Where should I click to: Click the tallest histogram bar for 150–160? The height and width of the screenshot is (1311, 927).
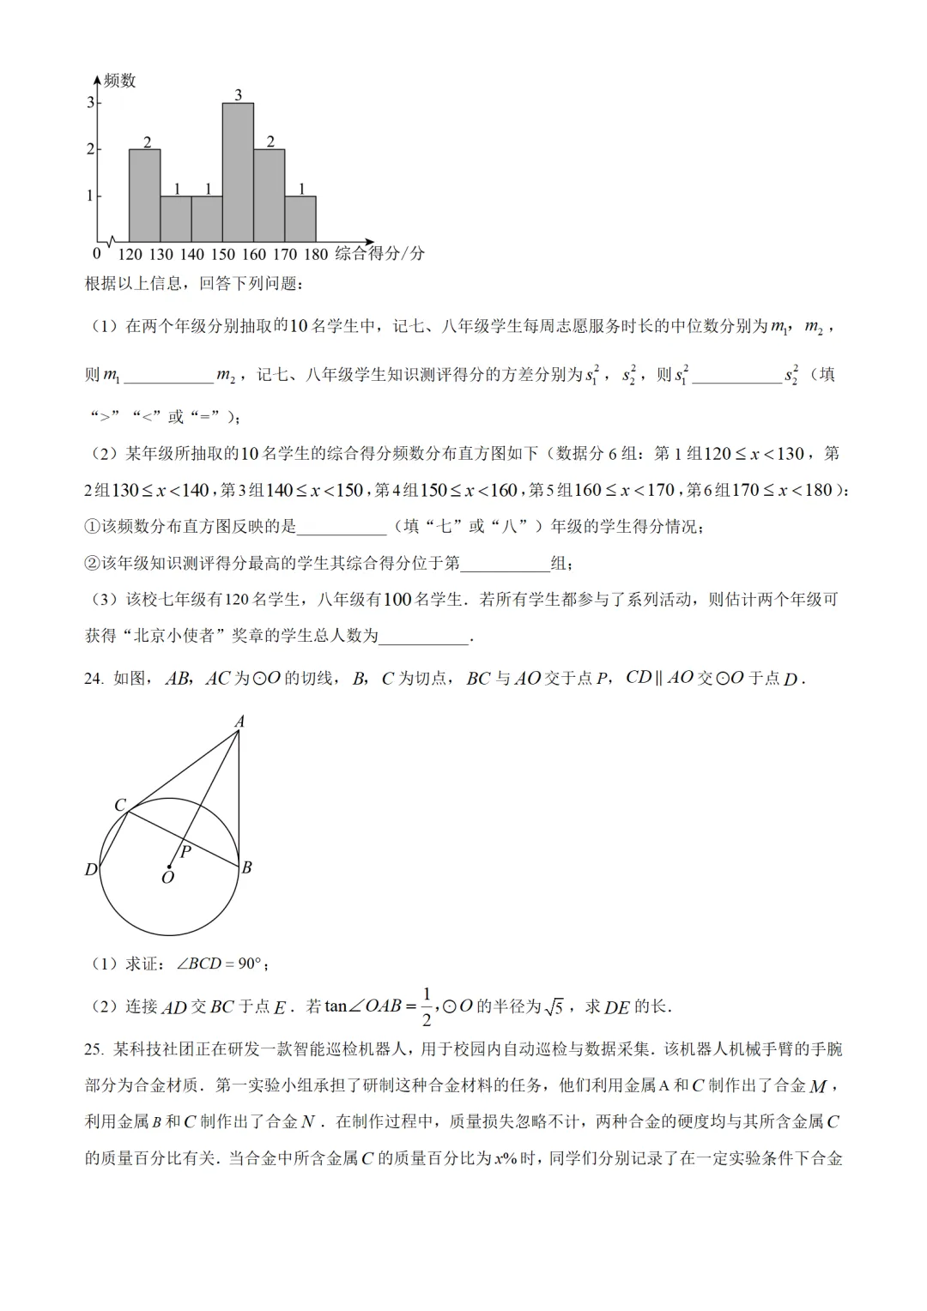[x=238, y=172]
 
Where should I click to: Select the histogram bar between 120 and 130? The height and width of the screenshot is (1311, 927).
[x=144, y=196]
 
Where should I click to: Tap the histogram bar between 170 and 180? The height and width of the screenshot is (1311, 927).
[x=300, y=219]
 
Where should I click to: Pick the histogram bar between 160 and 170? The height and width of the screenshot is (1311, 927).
[x=270, y=196]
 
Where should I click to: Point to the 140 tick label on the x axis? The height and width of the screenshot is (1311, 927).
[x=192, y=254]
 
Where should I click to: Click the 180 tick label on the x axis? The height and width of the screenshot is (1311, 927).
[x=316, y=254]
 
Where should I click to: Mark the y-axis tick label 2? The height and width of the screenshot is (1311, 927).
[x=90, y=149]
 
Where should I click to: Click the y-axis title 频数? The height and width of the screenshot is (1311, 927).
[x=119, y=81]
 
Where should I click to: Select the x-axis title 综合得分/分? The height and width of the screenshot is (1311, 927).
[x=379, y=254]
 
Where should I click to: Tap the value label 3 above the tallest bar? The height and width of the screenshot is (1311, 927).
[x=238, y=95]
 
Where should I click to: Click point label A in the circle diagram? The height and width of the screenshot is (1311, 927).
[x=239, y=722]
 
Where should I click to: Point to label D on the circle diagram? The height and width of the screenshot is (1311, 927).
[x=91, y=870]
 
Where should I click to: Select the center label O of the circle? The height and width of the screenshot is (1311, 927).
[x=167, y=878]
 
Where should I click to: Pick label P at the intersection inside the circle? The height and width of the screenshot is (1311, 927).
[x=185, y=852]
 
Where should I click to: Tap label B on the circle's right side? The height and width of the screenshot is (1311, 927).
[x=247, y=867]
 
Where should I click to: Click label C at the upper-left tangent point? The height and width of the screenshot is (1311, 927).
[x=120, y=805]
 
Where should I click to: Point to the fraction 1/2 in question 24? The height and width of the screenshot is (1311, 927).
[x=427, y=1006]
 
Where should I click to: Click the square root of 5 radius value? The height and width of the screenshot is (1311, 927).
[x=554, y=1006]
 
